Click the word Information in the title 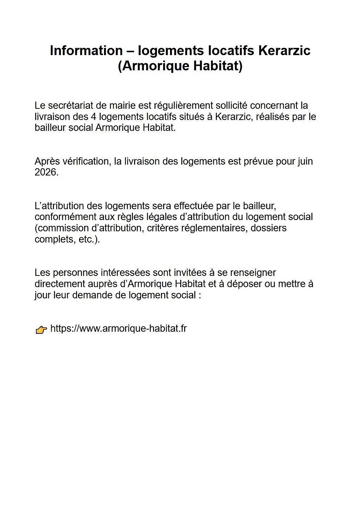click(x=86, y=51)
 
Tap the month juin click(x=305, y=161)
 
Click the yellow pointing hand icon click(x=41, y=330)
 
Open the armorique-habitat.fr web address click(x=119, y=328)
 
